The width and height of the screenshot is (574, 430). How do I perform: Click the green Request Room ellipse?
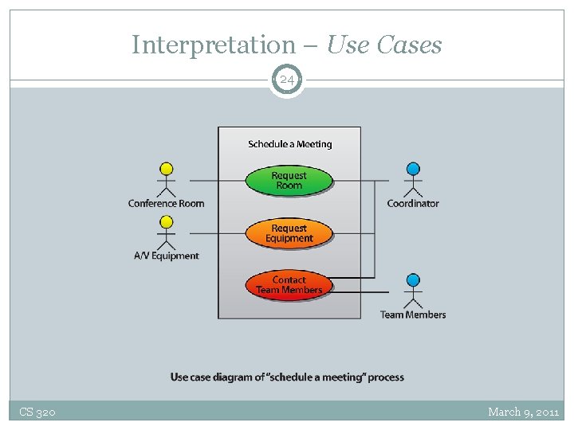(289, 181)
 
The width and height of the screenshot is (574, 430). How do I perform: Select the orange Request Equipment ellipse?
(289, 233)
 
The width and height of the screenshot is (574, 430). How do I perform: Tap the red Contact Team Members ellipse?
(289, 285)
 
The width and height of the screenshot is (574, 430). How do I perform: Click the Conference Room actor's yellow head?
(166, 169)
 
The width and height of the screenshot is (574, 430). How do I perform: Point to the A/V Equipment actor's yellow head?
(166, 221)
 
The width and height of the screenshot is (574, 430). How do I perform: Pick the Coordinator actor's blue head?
(413, 169)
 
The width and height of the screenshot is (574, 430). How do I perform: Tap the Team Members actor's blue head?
(413, 280)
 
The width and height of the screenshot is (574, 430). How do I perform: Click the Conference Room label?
(166, 203)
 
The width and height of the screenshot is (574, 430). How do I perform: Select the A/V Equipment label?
(167, 256)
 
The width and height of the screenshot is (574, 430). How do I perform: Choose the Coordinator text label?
(413, 203)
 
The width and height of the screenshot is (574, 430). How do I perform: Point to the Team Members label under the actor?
(413, 315)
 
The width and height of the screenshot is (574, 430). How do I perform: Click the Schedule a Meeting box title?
(290, 144)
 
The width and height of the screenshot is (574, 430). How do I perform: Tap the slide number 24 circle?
(287, 80)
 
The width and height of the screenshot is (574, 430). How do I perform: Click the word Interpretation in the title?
(214, 45)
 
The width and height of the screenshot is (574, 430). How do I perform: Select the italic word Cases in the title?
(409, 45)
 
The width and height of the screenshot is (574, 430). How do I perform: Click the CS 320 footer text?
(37, 412)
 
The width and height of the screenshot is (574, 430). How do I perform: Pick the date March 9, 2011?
(524, 412)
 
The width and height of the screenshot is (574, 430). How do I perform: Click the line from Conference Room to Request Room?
(218, 181)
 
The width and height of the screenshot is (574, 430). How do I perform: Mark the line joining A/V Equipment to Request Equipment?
(218, 233)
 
